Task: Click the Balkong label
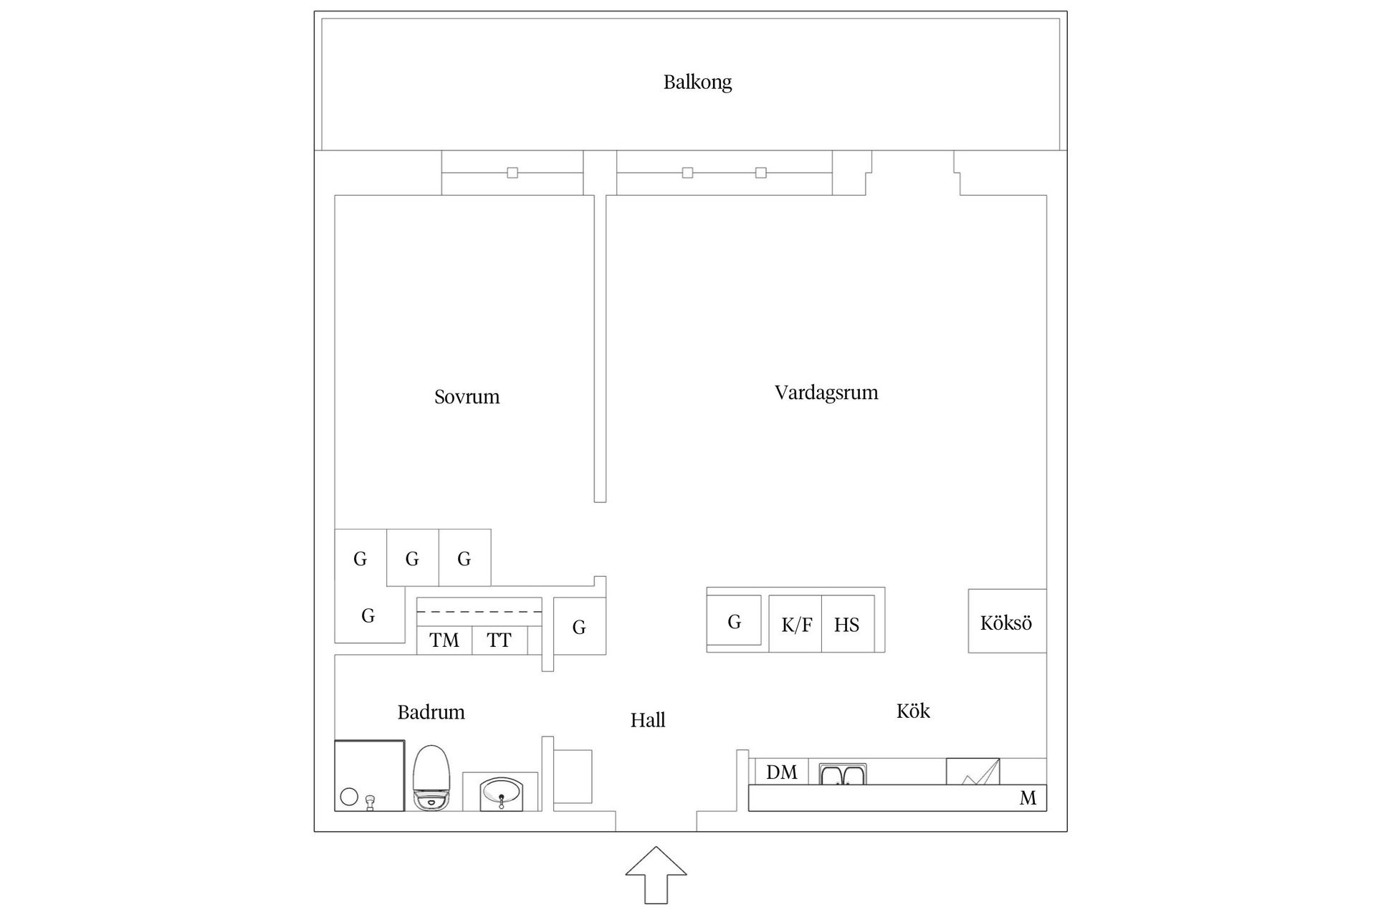697,82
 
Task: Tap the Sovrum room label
467,397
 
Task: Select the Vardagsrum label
826,393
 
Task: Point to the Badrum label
431,712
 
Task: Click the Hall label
648,720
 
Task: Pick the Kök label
913,711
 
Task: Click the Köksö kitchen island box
1007,621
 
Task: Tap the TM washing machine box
444,640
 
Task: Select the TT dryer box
500,640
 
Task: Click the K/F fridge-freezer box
795,623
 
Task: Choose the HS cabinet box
848,623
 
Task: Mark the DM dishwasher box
782,772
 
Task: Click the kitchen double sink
843,774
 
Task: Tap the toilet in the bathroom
431,778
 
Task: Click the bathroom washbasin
501,792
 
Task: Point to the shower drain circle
349,797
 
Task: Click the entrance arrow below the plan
656,875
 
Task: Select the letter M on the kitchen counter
1028,798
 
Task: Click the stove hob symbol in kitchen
973,772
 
